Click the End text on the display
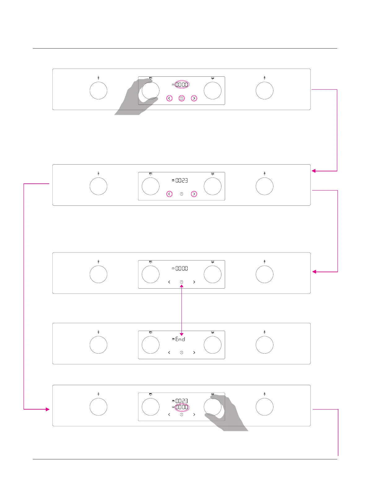180,339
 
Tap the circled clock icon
182,98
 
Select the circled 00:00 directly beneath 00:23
182,407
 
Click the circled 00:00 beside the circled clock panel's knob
182,84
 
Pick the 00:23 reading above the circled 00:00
182,401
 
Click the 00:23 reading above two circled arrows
182,180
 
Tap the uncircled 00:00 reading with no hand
182,269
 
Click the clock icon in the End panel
182,352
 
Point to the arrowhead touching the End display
182,334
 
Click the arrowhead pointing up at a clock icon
182,286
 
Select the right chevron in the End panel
194,352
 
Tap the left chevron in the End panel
169,352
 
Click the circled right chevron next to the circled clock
194,98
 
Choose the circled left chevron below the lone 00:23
169,194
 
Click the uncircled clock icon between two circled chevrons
182,194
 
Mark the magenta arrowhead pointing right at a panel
47,409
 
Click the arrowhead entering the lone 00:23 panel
314,171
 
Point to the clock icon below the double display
182,415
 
